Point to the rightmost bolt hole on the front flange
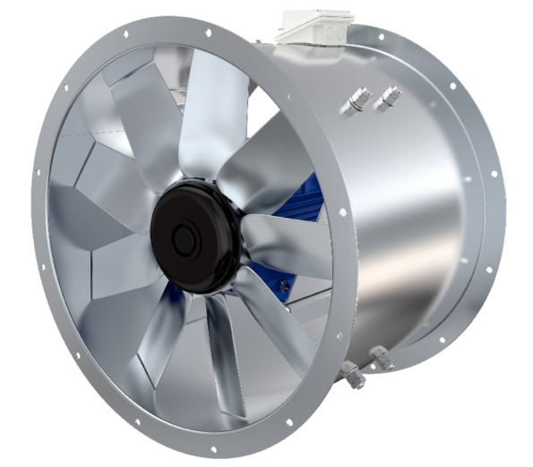pyautogui.click(x=344, y=212)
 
